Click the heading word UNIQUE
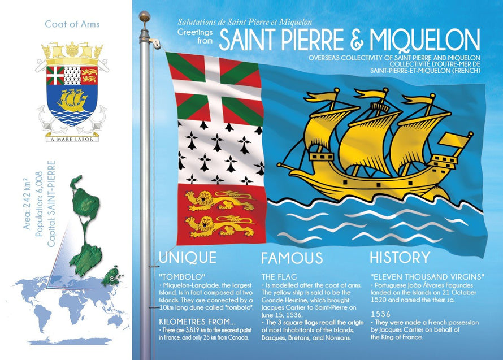[x=187, y=258]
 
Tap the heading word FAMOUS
[x=292, y=258]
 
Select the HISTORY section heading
[x=400, y=258]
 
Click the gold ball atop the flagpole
[x=145, y=16]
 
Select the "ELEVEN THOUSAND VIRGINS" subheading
[x=427, y=277]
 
